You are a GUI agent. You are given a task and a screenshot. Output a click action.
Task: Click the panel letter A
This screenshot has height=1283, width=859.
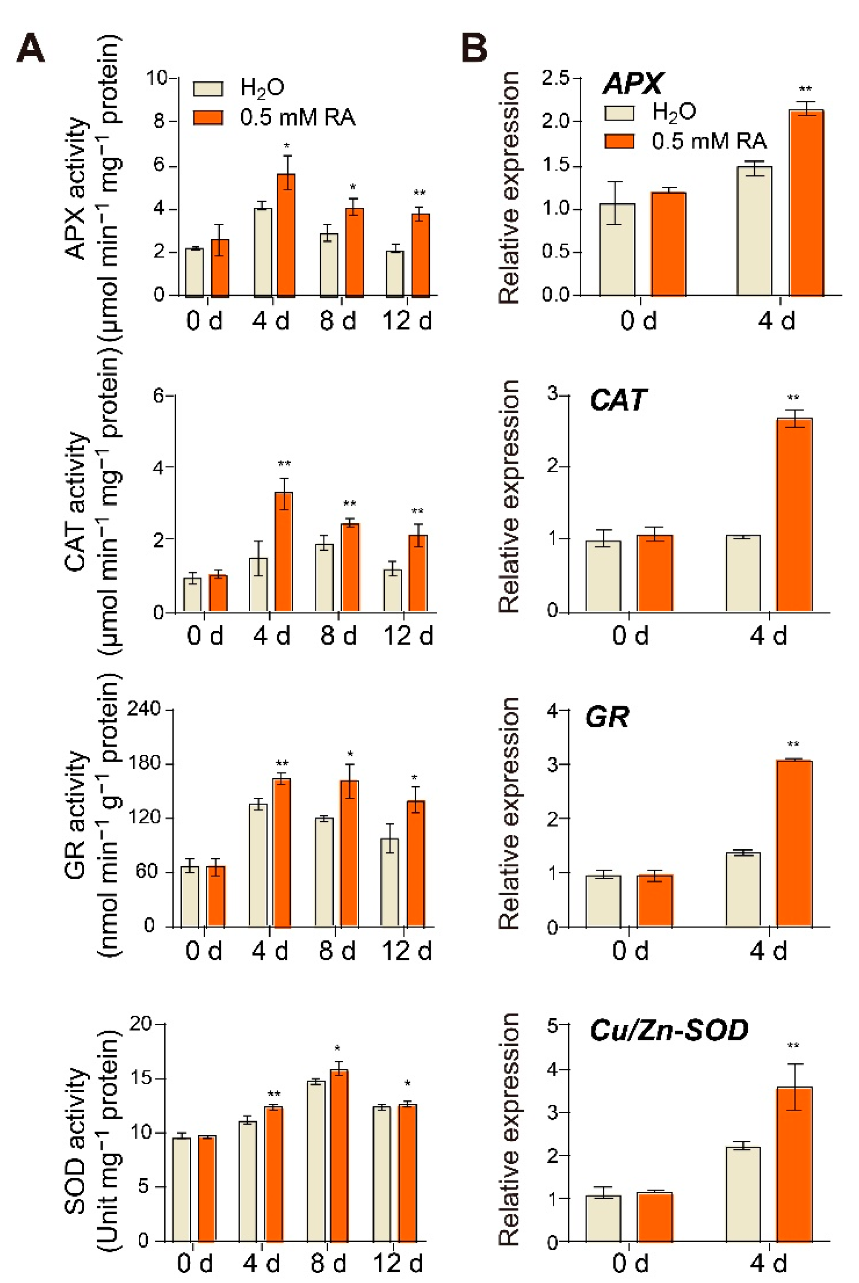coord(30,48)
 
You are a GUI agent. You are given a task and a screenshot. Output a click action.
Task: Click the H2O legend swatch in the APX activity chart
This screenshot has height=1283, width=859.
coord(208,89)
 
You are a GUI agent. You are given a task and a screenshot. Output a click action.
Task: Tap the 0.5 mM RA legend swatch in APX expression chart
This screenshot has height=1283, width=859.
coord(619,141)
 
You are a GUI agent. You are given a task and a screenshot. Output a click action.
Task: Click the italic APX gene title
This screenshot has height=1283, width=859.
coord(632,84)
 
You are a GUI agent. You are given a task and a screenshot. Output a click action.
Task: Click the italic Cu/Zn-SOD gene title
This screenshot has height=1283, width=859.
coord(669,1030)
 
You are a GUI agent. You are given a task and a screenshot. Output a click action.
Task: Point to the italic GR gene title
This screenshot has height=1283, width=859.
coord(607,716)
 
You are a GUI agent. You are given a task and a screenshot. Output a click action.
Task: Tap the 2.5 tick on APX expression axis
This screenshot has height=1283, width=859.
coord(554,78)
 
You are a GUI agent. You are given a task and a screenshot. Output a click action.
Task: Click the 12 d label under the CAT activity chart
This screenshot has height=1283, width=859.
coord(408,636)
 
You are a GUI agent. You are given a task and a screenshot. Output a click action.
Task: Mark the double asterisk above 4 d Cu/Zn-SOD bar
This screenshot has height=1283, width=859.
coord(793,1046)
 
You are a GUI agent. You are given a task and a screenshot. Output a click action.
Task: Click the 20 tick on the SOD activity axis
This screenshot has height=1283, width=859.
coord(140,1023)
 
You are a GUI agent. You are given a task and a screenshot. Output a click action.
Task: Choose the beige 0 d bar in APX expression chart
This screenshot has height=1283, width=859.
coord(617,249)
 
